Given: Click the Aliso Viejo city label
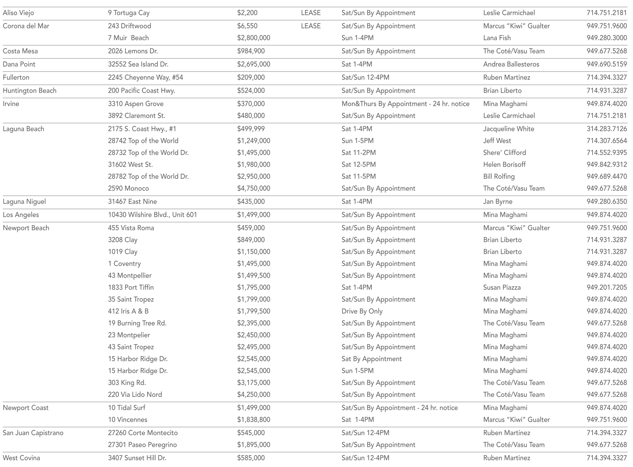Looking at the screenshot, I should tap(18, 13).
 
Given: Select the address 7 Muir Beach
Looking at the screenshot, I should tap(128, 38).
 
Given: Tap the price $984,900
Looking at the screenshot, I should tap(251, 51).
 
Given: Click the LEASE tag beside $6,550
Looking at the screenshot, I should tap(311, 26).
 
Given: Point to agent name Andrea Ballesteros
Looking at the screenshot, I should tap(511, 64).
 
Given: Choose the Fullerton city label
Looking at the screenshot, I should tap(16, 77).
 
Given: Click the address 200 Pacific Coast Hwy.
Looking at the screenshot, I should tap(141, 91).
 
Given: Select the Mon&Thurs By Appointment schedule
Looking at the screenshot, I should tap(405, 104).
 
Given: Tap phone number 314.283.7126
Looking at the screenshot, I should tap(607, 129).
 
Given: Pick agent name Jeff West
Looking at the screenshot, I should tap(497, 141).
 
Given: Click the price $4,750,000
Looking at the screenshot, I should tap(254, 188).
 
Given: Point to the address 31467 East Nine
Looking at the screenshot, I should tap(132, 202).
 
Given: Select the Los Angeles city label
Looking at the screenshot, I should tap(21, 215).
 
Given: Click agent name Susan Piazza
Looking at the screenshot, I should tap(502, 288).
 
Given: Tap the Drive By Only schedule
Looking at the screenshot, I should tap(362, 311).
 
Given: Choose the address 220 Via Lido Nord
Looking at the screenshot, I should tap(135, 395).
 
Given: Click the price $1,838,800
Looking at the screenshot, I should tap(254, 420).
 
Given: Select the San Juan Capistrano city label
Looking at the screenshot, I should tap(33, 433).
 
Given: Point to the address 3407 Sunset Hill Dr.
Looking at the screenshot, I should tap(137, 458).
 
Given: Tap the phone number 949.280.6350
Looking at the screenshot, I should tap(607, 202).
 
